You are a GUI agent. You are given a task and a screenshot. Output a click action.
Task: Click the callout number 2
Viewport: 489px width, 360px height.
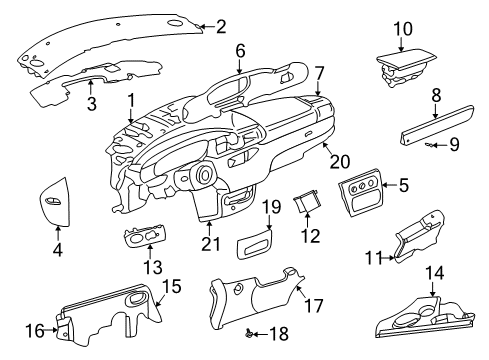tap(221, 27)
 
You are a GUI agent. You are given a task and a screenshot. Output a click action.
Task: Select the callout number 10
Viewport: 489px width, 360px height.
tap(402, 28)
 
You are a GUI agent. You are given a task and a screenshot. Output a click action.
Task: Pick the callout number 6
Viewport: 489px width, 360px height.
tap(240, 49)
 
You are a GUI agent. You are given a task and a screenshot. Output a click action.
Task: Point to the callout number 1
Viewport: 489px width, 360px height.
tap(131, 101)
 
